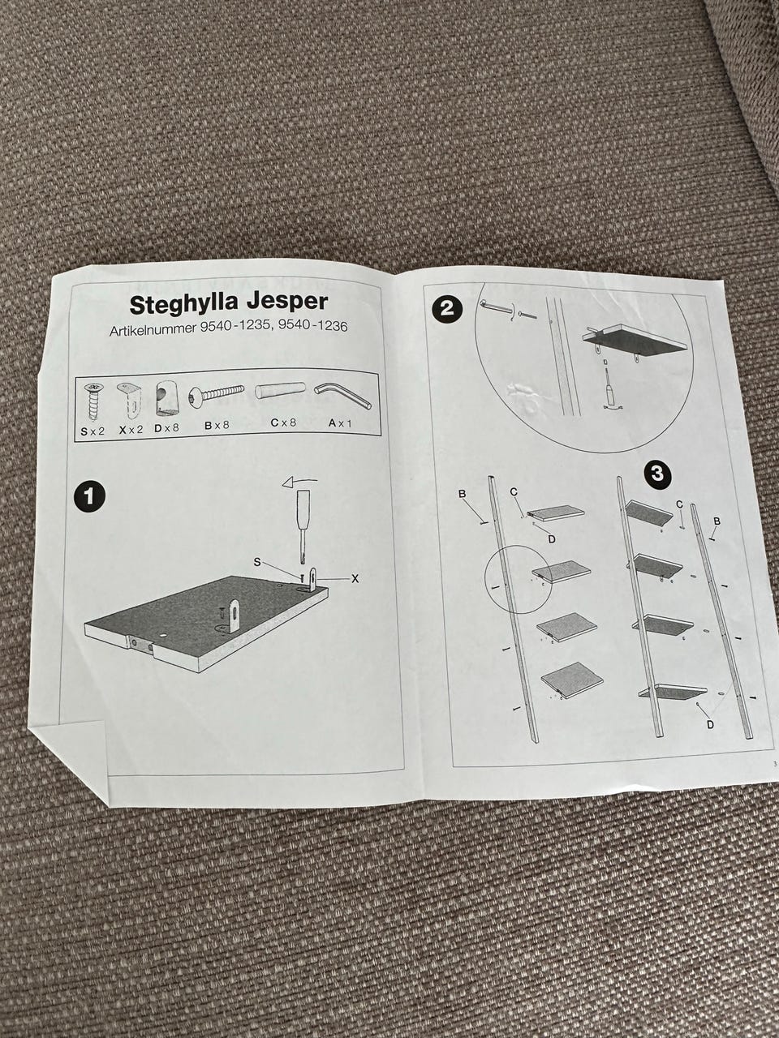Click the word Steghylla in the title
[177, 305]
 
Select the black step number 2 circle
[446, 309]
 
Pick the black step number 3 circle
[658, 474]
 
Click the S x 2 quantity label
[93, 431]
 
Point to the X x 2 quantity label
[131, 429]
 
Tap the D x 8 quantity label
[166, 428]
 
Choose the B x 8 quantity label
[217, 426]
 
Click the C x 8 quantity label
[283, 422]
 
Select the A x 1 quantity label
[340, 423]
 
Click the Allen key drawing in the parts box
[342, 396]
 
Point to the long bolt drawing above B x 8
[217, 393]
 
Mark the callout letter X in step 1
[355, 578]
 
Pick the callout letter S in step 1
[257, 562]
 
